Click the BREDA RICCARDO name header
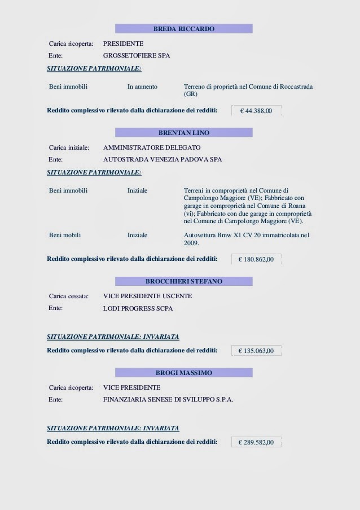(184, 29)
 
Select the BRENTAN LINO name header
(184, 133)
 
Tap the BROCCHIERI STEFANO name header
(184, 281)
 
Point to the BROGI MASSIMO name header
(184, 373)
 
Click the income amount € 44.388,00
(256, 111)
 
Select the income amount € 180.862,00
(256, 259)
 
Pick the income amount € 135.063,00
(256, 351)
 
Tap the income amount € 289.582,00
(256, 442)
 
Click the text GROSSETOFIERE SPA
(137, 56)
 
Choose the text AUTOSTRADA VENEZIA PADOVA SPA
(163, 160)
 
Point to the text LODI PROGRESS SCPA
(138, 309)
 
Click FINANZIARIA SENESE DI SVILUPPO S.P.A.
(168, 399)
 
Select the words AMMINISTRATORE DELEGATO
(152, 147)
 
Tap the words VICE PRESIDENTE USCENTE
(147, 296)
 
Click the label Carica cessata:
(69, 296)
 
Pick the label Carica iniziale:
(69, 147)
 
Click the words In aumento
(142, 87)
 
